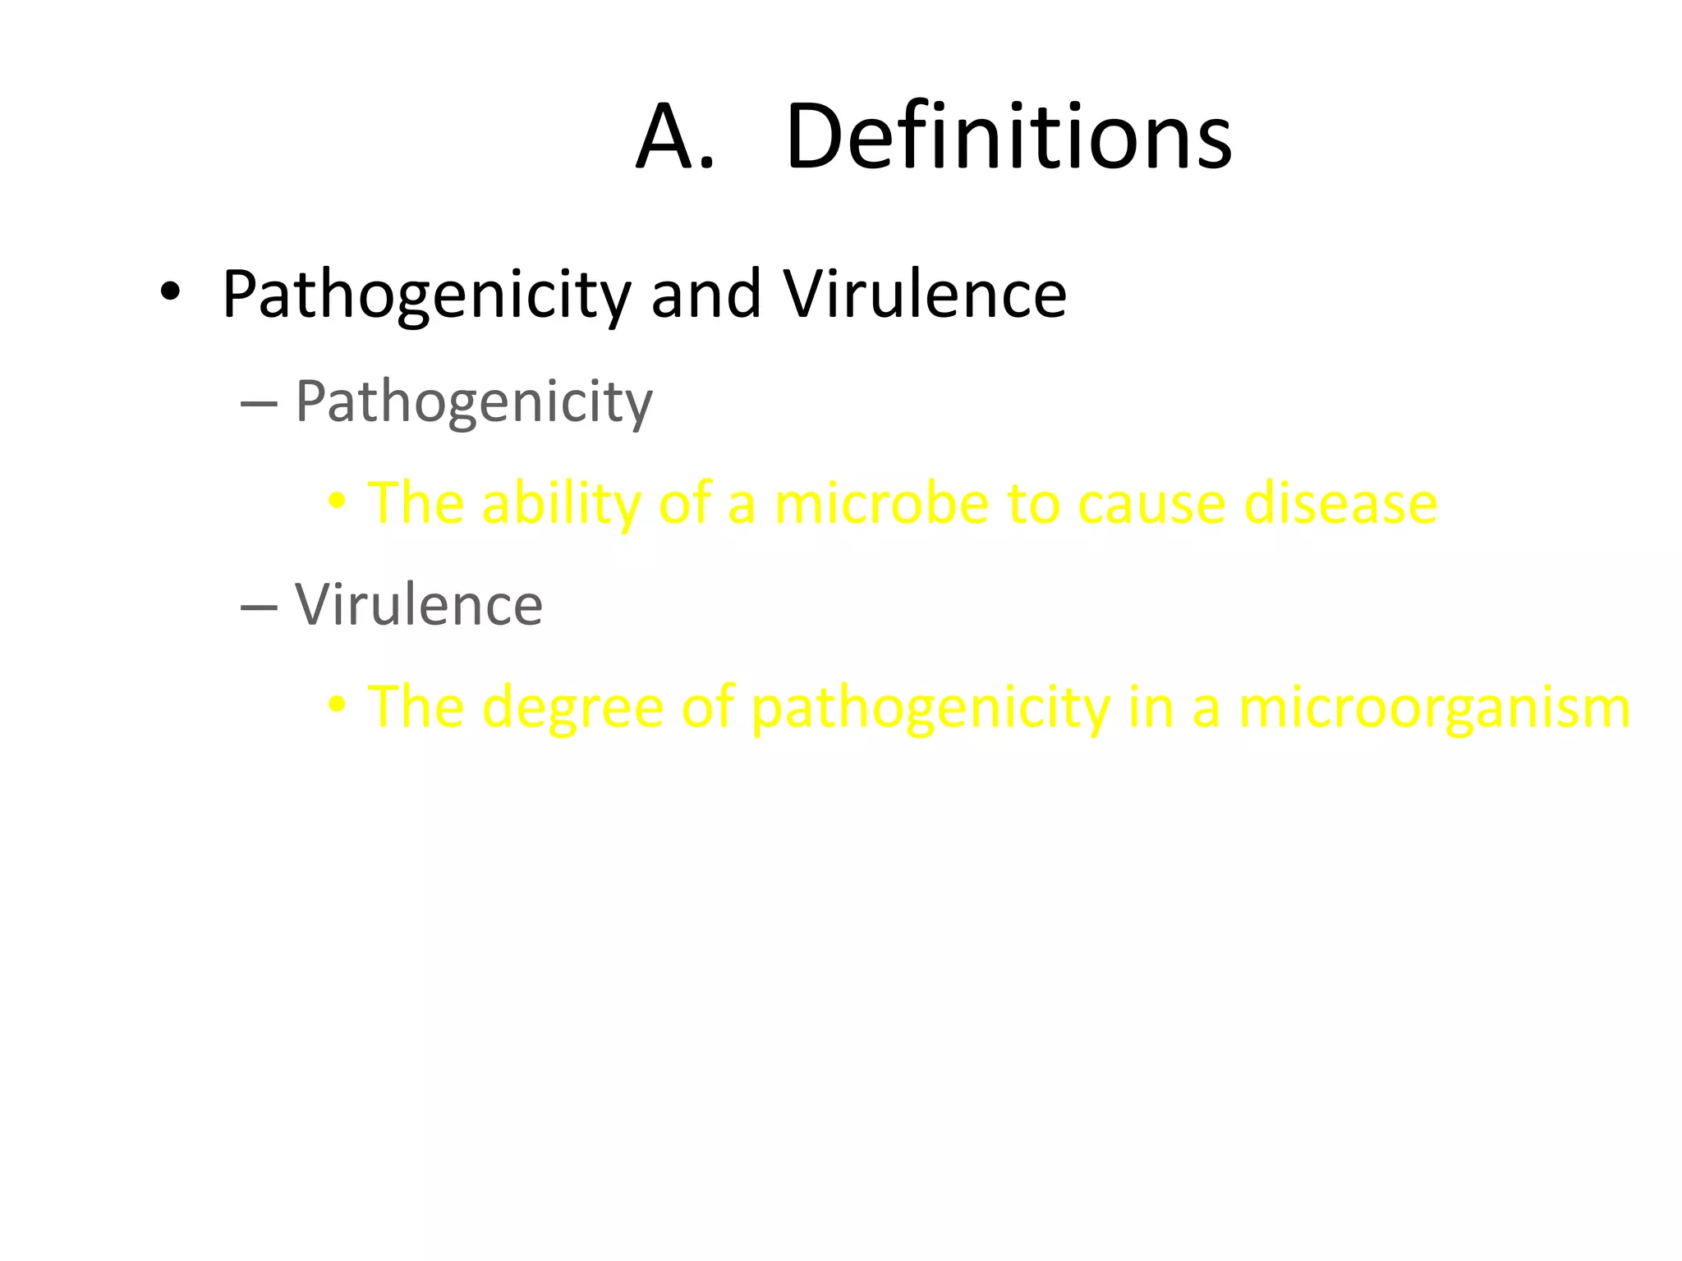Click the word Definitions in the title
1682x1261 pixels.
pyautogui.click(x=1009, y=136)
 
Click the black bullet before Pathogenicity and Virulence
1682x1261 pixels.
pyautogui.click(x=170, y=292)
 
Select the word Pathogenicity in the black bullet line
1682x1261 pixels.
pyautogui.click(x=426, y=296)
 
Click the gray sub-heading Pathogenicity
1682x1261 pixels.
pyautogui.click(x=474, y=402)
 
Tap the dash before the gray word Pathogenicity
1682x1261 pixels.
pyautogui.click(x=260, y=404)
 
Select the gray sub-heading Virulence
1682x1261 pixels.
pyautogui.click(x=419, y=605)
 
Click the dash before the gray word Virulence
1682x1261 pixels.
pyautogui.click(x=260, y=608)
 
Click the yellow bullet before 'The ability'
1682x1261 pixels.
pyautogui.click(x=336, y=502)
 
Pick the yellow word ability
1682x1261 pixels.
pyautogui.click(x=561, y=503)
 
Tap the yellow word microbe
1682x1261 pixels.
pyautogui.click(x=881, y=503)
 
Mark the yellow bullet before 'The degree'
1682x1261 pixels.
pyautogui.click(x=336, y=705)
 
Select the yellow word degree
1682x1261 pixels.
pyautogui.click(x=573, y=708)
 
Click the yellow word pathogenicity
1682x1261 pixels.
pyautogui.click(x=931, y=708)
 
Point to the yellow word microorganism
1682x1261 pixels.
pyautogui.click(x=1434, y=708)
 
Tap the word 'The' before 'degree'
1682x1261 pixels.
pyautogui.click(x=416, y=707)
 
